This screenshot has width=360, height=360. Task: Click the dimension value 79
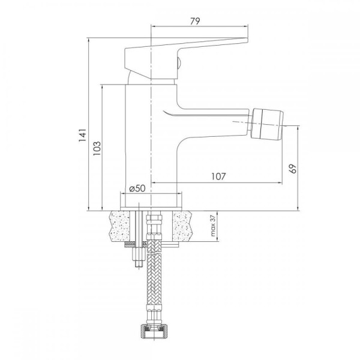coord(195,21)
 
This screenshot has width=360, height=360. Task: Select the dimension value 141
coord(83,135)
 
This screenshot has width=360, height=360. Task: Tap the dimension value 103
coord(97,148)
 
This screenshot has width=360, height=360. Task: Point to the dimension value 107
coord(218,176)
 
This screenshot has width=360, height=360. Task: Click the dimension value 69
coord(293,169)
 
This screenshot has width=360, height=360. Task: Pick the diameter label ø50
coord(137,188)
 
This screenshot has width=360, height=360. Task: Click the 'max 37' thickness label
coord(213,226)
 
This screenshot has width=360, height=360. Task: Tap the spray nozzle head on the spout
coord(267,125)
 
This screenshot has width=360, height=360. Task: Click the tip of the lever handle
coord(247,40)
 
